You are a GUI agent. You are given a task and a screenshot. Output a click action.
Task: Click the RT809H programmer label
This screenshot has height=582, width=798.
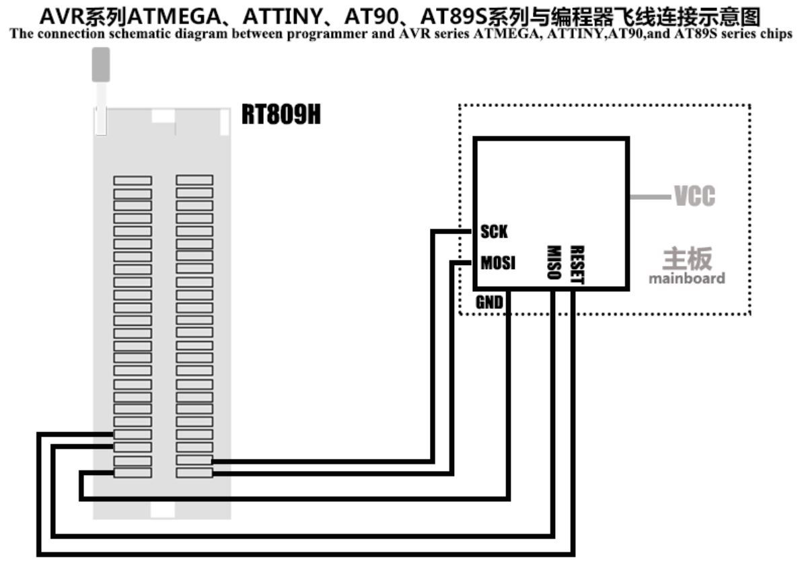(x=281, y=114)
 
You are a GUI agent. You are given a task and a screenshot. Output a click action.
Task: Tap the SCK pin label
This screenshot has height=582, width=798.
(x=494, y=231)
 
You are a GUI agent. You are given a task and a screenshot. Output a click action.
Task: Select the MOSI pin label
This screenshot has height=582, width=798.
(x=498, y=262)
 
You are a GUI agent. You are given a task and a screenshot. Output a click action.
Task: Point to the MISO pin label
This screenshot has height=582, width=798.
(x=554, y=262)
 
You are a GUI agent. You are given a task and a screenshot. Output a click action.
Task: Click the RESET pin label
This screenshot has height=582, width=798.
(x=577, y=264)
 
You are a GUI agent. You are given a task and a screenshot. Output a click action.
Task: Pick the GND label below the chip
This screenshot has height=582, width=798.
(x=489, y=303)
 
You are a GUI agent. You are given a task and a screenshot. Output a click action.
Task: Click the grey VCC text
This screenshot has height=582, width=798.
(x=694, y=196)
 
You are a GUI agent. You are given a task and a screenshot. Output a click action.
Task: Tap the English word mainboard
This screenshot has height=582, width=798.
(x=686, y=279)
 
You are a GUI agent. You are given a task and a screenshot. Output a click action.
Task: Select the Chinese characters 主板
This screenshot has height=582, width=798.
(x=687, y=258)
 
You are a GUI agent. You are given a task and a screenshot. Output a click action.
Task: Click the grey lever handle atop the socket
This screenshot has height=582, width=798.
(x=101, y=65)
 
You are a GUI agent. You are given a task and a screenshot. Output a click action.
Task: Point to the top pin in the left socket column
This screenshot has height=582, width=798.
(x=133, y=180)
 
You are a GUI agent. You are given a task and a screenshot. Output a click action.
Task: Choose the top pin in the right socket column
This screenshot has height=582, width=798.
(x=194, y=180)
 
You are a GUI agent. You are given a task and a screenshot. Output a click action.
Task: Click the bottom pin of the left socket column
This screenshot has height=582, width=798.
(x=133, y=473)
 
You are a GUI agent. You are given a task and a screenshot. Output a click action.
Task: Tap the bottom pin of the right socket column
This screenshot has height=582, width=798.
(x=194, y=473)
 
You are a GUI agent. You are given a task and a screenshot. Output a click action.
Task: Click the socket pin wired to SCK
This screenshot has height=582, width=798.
(x=194, y=460)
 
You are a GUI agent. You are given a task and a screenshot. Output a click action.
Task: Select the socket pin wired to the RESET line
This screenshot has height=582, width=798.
(x=133, y=435)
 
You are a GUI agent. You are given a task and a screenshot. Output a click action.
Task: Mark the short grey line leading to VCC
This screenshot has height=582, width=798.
(x=651, y=196)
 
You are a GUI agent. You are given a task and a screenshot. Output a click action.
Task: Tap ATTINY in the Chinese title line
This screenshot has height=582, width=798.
(x=282, y=17)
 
